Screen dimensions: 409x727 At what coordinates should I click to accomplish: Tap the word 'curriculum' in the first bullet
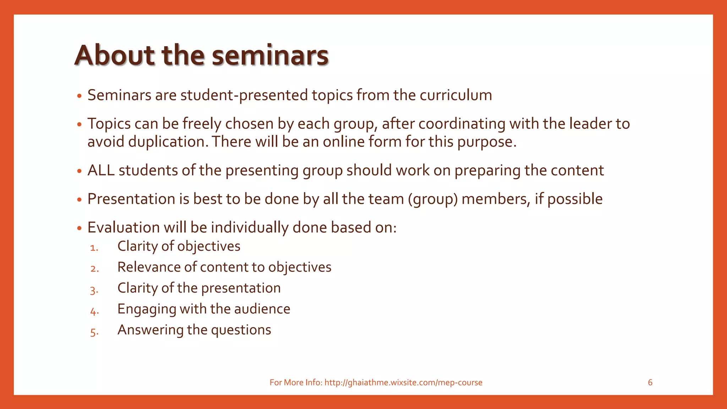coord(456,95)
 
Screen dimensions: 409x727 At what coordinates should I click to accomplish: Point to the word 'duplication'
coord(166,142)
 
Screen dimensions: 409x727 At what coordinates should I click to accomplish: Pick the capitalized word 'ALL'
coord(101,170)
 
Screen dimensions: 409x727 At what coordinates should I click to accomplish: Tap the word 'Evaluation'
coord(124,228)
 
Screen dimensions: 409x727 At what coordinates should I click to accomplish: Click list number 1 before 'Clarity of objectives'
coord(94,248)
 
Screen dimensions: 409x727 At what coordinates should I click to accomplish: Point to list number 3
coord(94,290)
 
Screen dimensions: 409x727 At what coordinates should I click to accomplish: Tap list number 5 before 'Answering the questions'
coord(94,332)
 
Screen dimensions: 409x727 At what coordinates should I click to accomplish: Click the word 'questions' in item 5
coord(241,330)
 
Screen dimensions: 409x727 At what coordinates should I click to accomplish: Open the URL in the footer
coord(403,382)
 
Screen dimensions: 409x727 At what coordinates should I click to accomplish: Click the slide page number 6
coord(650,382)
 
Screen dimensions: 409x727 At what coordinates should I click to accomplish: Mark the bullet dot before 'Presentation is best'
coord(79,200)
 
